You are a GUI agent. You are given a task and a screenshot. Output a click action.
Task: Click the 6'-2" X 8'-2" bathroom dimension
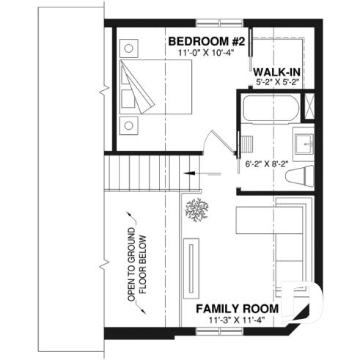click(265, 165)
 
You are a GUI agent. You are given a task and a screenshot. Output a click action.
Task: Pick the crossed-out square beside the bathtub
click(308, 103)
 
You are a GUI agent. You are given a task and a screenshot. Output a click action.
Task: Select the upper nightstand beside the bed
click(130, 48)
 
